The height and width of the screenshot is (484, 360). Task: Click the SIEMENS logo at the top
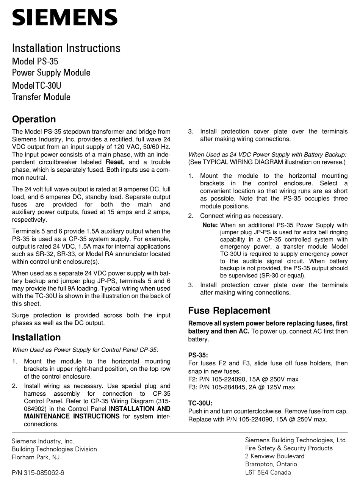click(x=65, y=17)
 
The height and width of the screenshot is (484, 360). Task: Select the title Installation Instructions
click(x=66, y=48)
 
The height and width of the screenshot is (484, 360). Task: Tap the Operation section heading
click(x=34, y=119)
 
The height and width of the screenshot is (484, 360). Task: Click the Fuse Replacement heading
click(x=229, y=311)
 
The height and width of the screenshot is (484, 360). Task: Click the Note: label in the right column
click(x=210, y=225)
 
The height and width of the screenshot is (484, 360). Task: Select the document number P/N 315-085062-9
click(x=38, y=473)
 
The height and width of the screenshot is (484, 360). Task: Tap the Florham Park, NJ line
click(x=36, y=457)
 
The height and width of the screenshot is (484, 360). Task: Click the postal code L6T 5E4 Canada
click(x=268, y=472)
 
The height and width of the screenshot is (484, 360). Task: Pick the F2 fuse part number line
click(x=243, y=379)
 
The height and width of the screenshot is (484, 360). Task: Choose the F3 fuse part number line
click(x=241, y=387)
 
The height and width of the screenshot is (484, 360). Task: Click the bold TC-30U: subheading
click(x=200, y=403)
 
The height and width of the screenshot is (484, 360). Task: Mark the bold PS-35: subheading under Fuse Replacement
click(x=198, y=355)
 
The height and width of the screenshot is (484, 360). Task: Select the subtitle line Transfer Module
click(x=41, y=97)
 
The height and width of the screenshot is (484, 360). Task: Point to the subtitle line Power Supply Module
click(x=51, y=72)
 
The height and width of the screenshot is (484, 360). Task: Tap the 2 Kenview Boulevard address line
click(x=275, y=456)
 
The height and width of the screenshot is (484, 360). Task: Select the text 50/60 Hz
click(x=158, y=147)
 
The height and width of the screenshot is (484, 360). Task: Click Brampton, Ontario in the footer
click(x=271, y=464)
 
